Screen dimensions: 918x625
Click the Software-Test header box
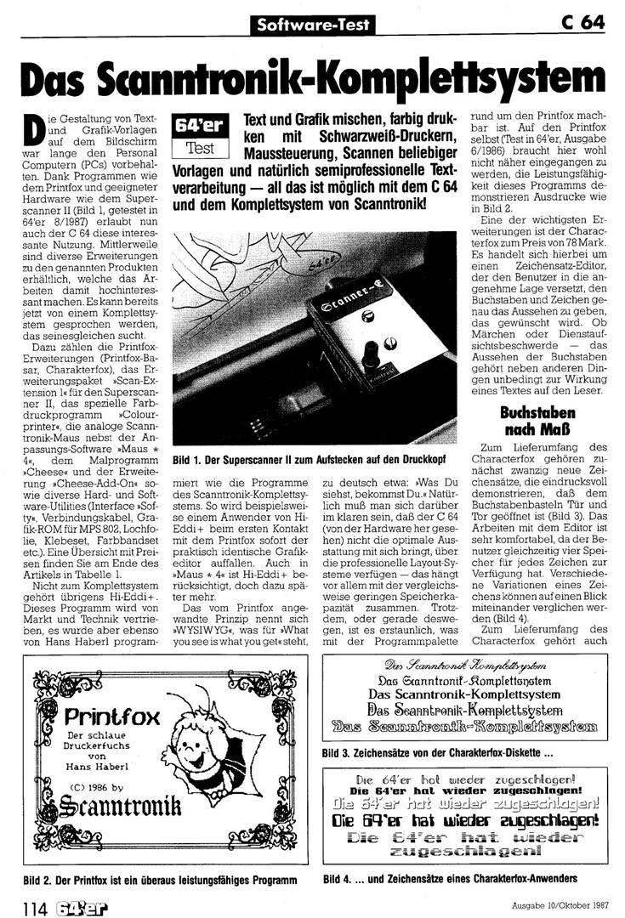point(315,25)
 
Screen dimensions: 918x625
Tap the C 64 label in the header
point(582,23)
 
